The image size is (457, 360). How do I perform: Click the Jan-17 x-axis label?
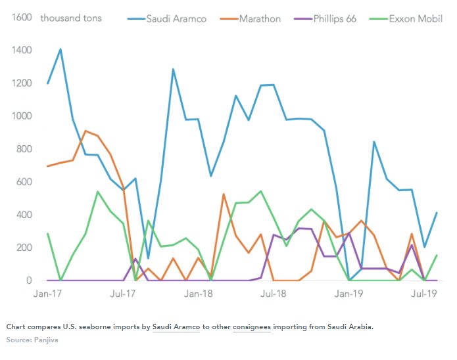(x=47, y=294)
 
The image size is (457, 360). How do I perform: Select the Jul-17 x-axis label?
(x=123, y=294)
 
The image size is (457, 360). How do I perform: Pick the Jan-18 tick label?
(x=198, y=294)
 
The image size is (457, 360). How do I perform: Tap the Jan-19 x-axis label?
(x=349, y=294)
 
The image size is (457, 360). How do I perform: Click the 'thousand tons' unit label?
(x=71, y=18)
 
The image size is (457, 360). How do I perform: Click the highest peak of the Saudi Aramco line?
(x=60, y=49)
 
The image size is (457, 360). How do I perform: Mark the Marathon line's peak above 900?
(x=85, y=131)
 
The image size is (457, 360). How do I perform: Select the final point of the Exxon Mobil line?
(x=437, y=255)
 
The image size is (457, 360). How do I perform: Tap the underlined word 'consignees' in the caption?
(x=252, y=326)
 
